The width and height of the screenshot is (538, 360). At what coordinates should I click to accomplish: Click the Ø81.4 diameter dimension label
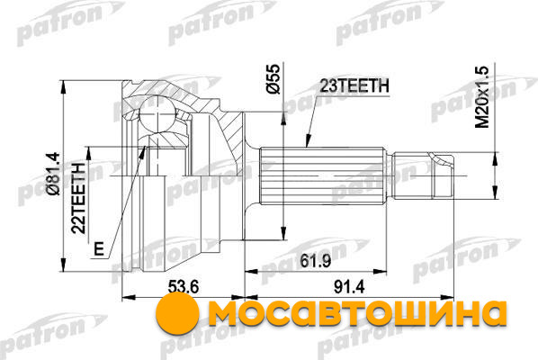[x=54, y=174]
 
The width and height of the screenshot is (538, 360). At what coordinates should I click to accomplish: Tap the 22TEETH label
[x=78, y=198]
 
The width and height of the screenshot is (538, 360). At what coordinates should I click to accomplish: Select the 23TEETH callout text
[x=354, y=85]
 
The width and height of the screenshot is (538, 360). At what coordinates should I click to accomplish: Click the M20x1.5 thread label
[x=482, y=97]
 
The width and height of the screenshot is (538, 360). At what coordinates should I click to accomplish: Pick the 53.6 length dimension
[x=184, y=286]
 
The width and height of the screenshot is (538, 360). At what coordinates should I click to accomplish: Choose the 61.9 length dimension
[x=315, y=261]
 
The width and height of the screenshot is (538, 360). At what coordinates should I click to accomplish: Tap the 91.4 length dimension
[x=349, y=286]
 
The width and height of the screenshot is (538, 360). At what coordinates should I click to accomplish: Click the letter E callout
[x=99, y=248]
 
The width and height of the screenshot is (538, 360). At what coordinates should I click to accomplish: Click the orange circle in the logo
[x=177, y=312]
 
